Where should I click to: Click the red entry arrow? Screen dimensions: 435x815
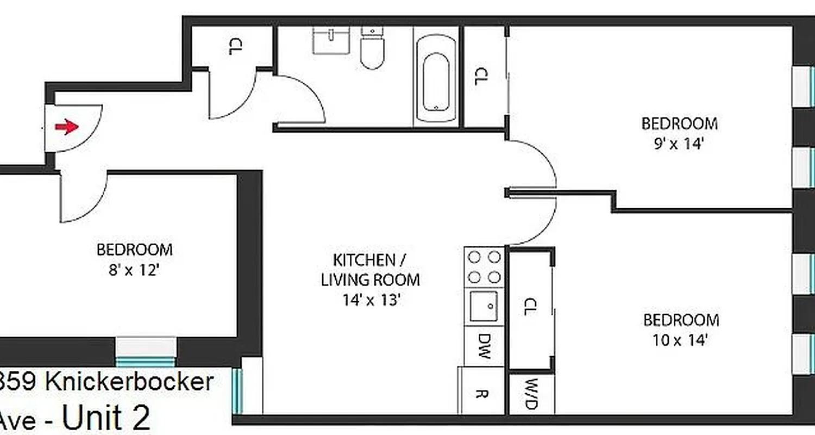coord(66,127)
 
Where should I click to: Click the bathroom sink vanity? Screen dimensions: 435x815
coord(330,41)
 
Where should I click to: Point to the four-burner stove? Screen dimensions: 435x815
coord(484,267)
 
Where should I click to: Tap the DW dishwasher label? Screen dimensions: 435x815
coord(484,346)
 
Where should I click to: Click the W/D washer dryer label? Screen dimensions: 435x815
coord(531,395)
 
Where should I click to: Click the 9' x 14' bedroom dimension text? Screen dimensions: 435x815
coord(678,145)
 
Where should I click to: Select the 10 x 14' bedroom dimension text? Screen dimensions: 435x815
coord(680,340)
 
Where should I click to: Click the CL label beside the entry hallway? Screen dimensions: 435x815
coord(234,47)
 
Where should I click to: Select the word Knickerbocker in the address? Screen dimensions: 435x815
coord(129,382)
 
